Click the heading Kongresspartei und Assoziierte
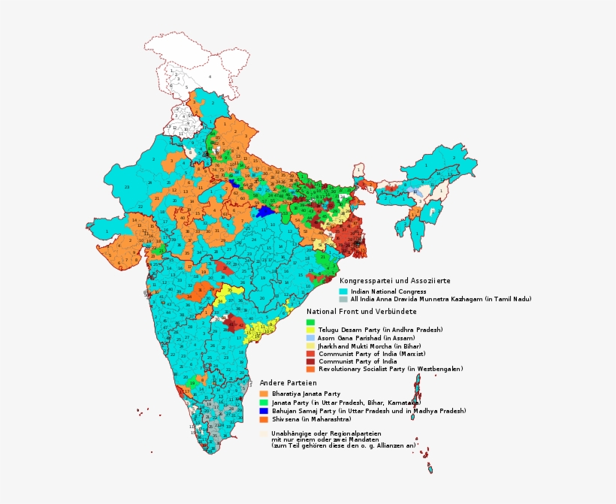click(x=394, y=280)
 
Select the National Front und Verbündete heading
click(x=361, y=311)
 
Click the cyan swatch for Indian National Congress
click(x=343, y=291)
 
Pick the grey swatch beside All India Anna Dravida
click(x=343, y=299)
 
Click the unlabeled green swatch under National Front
click(x=310, y=322)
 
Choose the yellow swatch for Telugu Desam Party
click(x=310, y=330)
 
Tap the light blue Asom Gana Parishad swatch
click(x=310, y=338)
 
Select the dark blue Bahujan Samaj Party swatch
click(x=264, y=411)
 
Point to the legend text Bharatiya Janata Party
click(x=306, y=394)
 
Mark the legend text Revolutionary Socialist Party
click(x=390, y=369)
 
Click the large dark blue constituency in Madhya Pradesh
click(x=264, y=213)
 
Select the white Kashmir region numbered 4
click(x=210, y=77)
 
